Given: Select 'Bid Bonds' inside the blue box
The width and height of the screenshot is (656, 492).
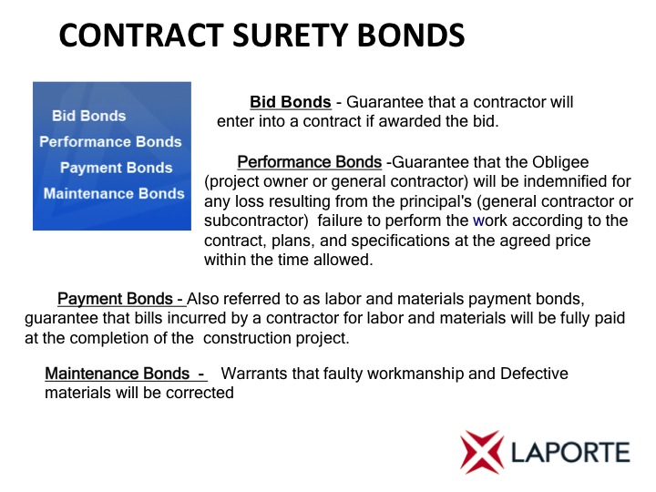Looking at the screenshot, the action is pos(88,116).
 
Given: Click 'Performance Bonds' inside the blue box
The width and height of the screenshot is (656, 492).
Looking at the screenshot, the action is pos(110,141).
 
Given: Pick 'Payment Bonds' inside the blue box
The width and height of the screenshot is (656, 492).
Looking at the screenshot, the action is pos(117,168).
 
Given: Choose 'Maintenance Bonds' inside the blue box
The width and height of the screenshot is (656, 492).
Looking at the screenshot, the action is pos(114,193).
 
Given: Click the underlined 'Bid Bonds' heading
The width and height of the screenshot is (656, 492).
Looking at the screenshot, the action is pos(291,102).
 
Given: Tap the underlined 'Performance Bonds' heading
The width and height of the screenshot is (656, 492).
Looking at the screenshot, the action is pos(310,162).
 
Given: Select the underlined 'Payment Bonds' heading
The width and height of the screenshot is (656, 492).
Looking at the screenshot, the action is pos(115,299).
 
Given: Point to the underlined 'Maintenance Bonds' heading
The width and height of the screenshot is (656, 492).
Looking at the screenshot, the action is pos(118,374).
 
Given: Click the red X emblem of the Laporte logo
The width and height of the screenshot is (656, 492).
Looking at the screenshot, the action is pos(482,452).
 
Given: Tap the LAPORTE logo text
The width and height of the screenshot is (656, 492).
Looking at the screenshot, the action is pos(570,453).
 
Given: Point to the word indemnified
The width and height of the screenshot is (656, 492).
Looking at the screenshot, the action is pos(573,181).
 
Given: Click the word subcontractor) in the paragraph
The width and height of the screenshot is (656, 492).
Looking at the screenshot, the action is pos(256,220).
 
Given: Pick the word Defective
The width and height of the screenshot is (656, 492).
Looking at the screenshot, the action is pos(534,374).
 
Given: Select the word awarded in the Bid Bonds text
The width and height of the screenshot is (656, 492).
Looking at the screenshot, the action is pos(409,121).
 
